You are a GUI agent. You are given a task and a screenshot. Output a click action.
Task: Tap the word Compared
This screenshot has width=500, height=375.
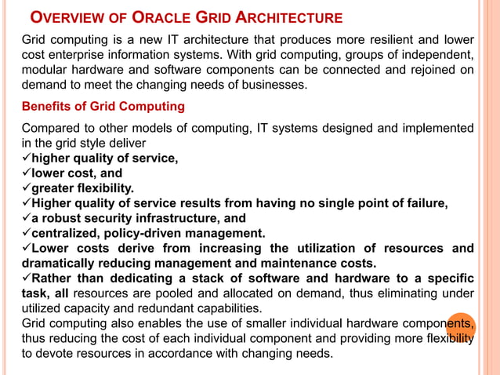[x=51, y=128]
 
